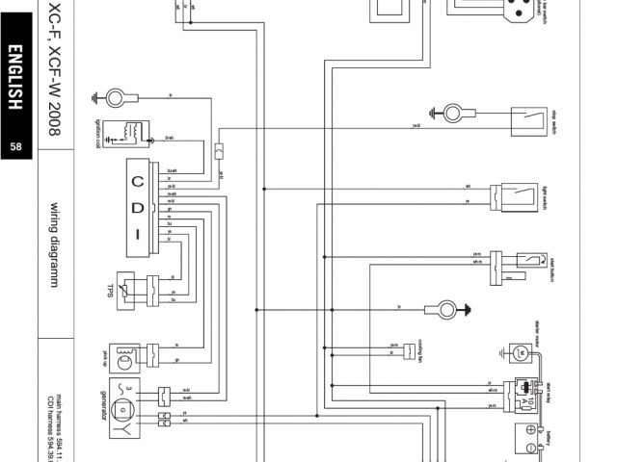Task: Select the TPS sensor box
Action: [x=132, y=289]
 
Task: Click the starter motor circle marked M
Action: [x=521, y=353]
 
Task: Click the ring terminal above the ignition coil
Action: [x=118, y=96]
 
